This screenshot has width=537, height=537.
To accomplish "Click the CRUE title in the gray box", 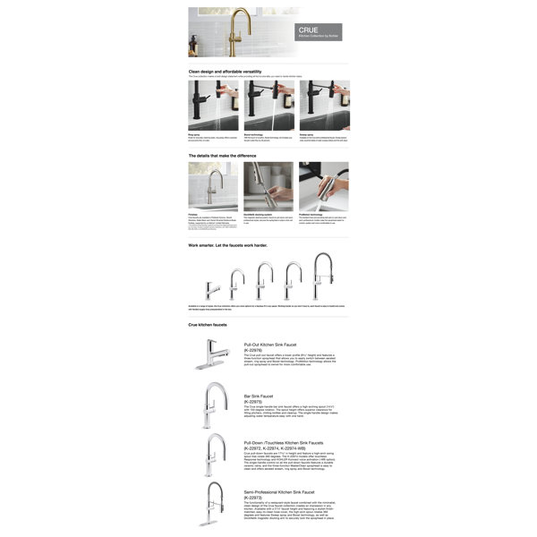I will pos(308,30).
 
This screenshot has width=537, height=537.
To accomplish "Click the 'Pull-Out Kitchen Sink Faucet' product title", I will pos(277,345).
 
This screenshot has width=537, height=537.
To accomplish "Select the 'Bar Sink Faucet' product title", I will pos(259,396).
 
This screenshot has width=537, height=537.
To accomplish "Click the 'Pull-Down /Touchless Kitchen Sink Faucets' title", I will pos(291,442).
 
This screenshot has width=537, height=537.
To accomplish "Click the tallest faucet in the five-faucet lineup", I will pos(321,277).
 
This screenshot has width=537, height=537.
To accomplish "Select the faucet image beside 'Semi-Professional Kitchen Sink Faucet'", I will pos(215,506).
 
